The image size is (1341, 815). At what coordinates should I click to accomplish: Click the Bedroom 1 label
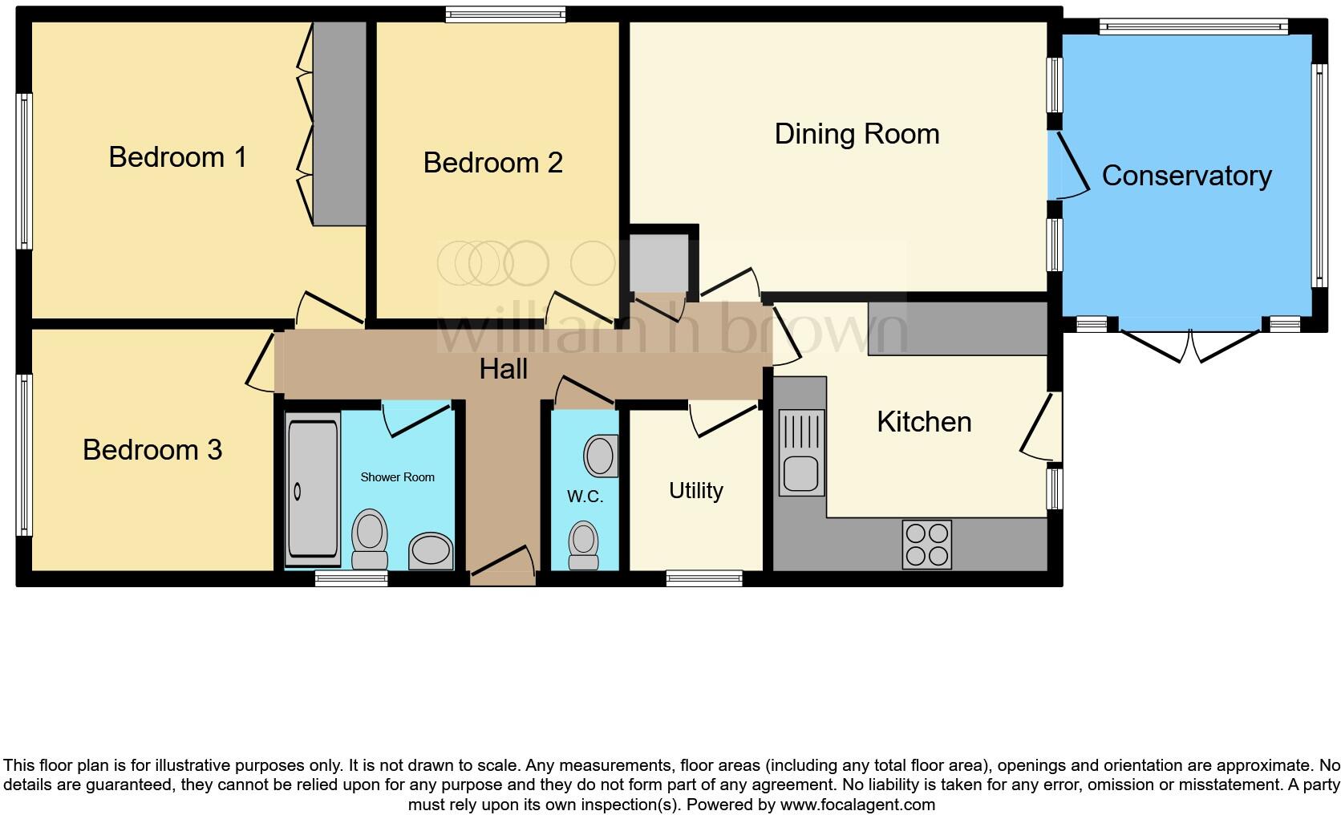pos(177,157)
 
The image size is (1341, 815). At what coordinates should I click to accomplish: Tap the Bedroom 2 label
pos(492,163)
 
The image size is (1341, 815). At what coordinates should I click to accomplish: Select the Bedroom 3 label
pos(152,450)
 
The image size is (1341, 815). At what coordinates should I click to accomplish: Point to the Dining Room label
pos(857,135)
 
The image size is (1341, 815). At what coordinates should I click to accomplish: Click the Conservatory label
pos(1186,176)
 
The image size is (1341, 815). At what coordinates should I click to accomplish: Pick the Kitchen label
pos(924,422)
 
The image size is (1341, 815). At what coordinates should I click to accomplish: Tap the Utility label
pos(695,491)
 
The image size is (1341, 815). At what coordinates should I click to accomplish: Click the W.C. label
pos(585,497)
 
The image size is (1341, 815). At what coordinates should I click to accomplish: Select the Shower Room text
pos(397,477)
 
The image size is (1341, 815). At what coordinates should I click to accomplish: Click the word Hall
pos(504,370)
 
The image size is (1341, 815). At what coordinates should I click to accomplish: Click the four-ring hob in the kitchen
pos(926,545)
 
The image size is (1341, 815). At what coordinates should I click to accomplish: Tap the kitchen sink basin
pos(801,473)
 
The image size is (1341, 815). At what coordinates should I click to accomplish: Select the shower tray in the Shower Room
pos(313,489)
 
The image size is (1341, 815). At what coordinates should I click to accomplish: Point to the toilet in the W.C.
pos(583,545)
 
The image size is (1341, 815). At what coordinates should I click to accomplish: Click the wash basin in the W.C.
pos(601,456)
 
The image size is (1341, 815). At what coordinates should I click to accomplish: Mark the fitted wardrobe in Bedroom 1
pos(339,124)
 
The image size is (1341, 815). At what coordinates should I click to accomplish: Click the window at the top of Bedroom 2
pos(505,14)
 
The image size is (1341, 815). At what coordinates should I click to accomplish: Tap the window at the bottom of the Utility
pos(704,578)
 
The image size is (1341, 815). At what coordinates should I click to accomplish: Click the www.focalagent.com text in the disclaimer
pos(857,805)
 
